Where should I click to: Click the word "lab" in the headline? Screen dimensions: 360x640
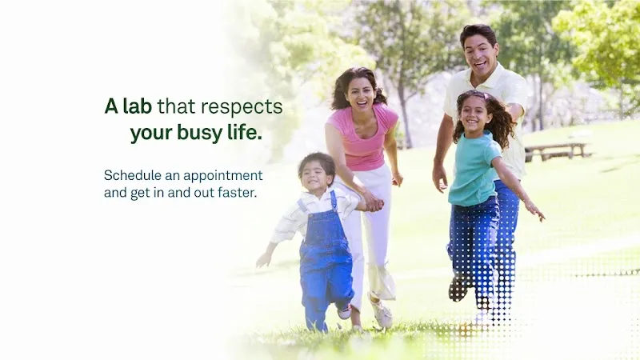tap(137, 106)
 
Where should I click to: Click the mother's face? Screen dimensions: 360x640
tap(360, 93)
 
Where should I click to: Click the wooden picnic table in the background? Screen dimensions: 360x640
tap(557, 150)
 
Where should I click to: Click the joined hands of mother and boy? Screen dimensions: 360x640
tap(372, 204)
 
